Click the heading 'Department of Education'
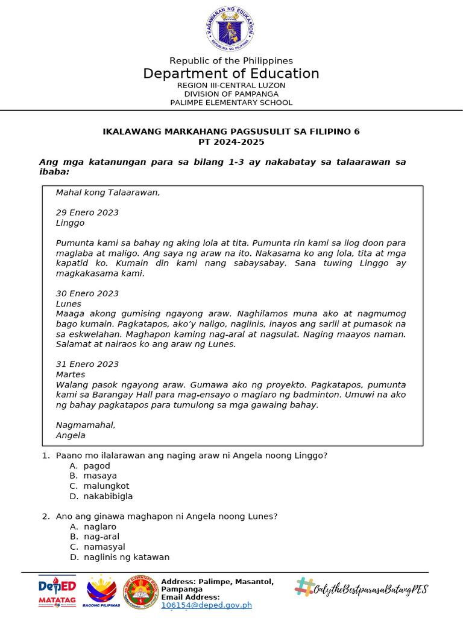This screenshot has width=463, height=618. [x=231, y=74]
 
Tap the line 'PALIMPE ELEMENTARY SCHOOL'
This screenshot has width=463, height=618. [x=231, y=103]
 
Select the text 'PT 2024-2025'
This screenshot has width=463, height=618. [x=231, y=142]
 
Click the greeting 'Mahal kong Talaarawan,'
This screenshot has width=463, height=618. [x=108, y=193]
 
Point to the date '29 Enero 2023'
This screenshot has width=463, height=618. [x=87, y=212]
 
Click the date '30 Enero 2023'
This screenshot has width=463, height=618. [x=87, y=293]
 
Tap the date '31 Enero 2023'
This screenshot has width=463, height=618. [x=87, y=364]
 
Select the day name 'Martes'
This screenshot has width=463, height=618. [x=71, y=374]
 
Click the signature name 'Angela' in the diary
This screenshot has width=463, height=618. [x=71, y=435]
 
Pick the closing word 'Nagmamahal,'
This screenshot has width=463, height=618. [x=85, y=425]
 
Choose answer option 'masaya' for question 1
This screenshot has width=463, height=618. [x=100, y=476]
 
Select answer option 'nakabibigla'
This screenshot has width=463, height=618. [x=108, y=496]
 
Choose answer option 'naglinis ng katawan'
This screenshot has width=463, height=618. [x=127, y=557]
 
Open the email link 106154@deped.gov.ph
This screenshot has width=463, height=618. [x=206, y=605]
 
